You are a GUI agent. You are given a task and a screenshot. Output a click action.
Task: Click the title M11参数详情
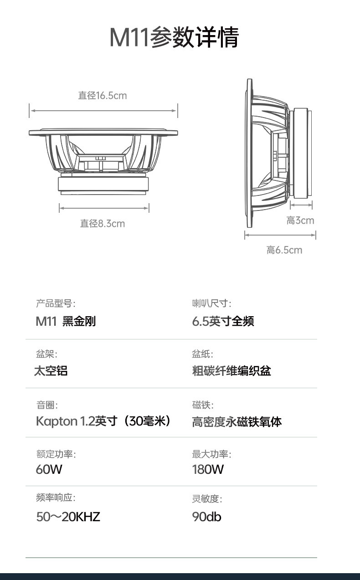click(174, 37)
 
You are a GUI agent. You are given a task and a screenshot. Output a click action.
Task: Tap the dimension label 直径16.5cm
click(103, 96)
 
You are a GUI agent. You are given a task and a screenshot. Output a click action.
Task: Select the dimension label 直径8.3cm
click(103, 223)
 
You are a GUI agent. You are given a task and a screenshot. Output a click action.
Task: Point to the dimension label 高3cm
click(300, 221)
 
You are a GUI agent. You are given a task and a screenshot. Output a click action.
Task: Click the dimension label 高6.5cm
click(284, 250)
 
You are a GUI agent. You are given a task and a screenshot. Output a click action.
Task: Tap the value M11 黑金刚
click(66, 321)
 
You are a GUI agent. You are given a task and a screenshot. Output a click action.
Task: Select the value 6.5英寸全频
click(223, 321)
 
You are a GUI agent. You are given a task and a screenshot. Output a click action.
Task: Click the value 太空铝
click(51, 370)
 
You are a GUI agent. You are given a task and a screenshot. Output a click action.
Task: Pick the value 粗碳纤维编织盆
click(231, 370)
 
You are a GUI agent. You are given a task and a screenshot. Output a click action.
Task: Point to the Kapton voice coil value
click(103, 421)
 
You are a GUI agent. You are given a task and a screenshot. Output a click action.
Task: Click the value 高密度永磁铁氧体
click(237, 422)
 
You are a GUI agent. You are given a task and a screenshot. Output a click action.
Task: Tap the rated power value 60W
click(49, 469)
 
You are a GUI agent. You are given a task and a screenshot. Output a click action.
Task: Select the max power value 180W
click(208, 469)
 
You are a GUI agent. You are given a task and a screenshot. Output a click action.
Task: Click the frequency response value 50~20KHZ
click(68, 517)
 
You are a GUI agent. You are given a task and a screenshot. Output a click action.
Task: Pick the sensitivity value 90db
click(207, 517)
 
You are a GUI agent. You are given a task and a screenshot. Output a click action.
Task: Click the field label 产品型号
click(56, 303)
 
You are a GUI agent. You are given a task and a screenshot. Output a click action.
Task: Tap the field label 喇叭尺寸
click(211, 303)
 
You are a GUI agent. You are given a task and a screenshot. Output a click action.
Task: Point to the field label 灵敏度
click(207, 499)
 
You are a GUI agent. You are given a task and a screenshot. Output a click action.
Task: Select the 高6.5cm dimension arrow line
click(280, 235)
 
